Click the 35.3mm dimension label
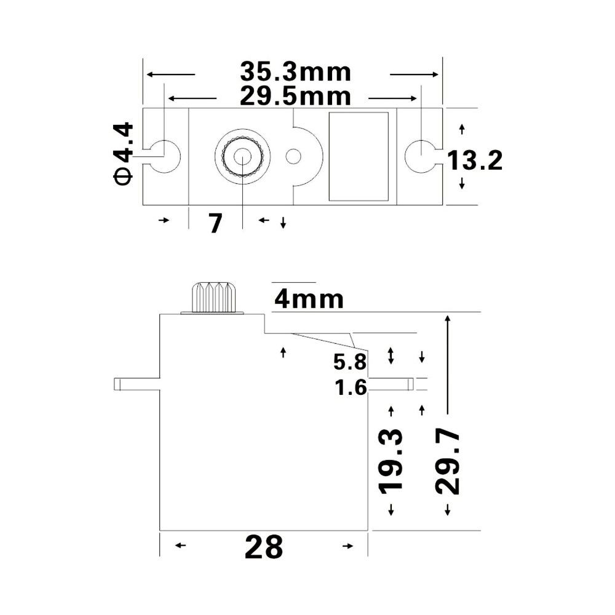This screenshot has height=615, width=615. (295, 73)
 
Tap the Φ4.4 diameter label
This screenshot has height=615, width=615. (123, 153)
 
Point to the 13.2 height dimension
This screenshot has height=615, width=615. (474, 161)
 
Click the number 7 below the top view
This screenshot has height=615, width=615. (215, 224)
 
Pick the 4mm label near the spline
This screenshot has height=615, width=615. (309, 300)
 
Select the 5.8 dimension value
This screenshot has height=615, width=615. (350, 362)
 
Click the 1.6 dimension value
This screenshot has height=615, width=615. (351, 388)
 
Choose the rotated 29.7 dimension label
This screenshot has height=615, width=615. (447, 461)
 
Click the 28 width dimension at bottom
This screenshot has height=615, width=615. (264, 547)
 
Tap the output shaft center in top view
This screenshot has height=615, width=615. (242, 156)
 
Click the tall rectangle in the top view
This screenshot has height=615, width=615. (359, 156)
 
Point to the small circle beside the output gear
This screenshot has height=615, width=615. (293, 156)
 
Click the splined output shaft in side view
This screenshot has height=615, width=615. (213, 298)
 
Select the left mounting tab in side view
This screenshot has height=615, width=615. (137, 384)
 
